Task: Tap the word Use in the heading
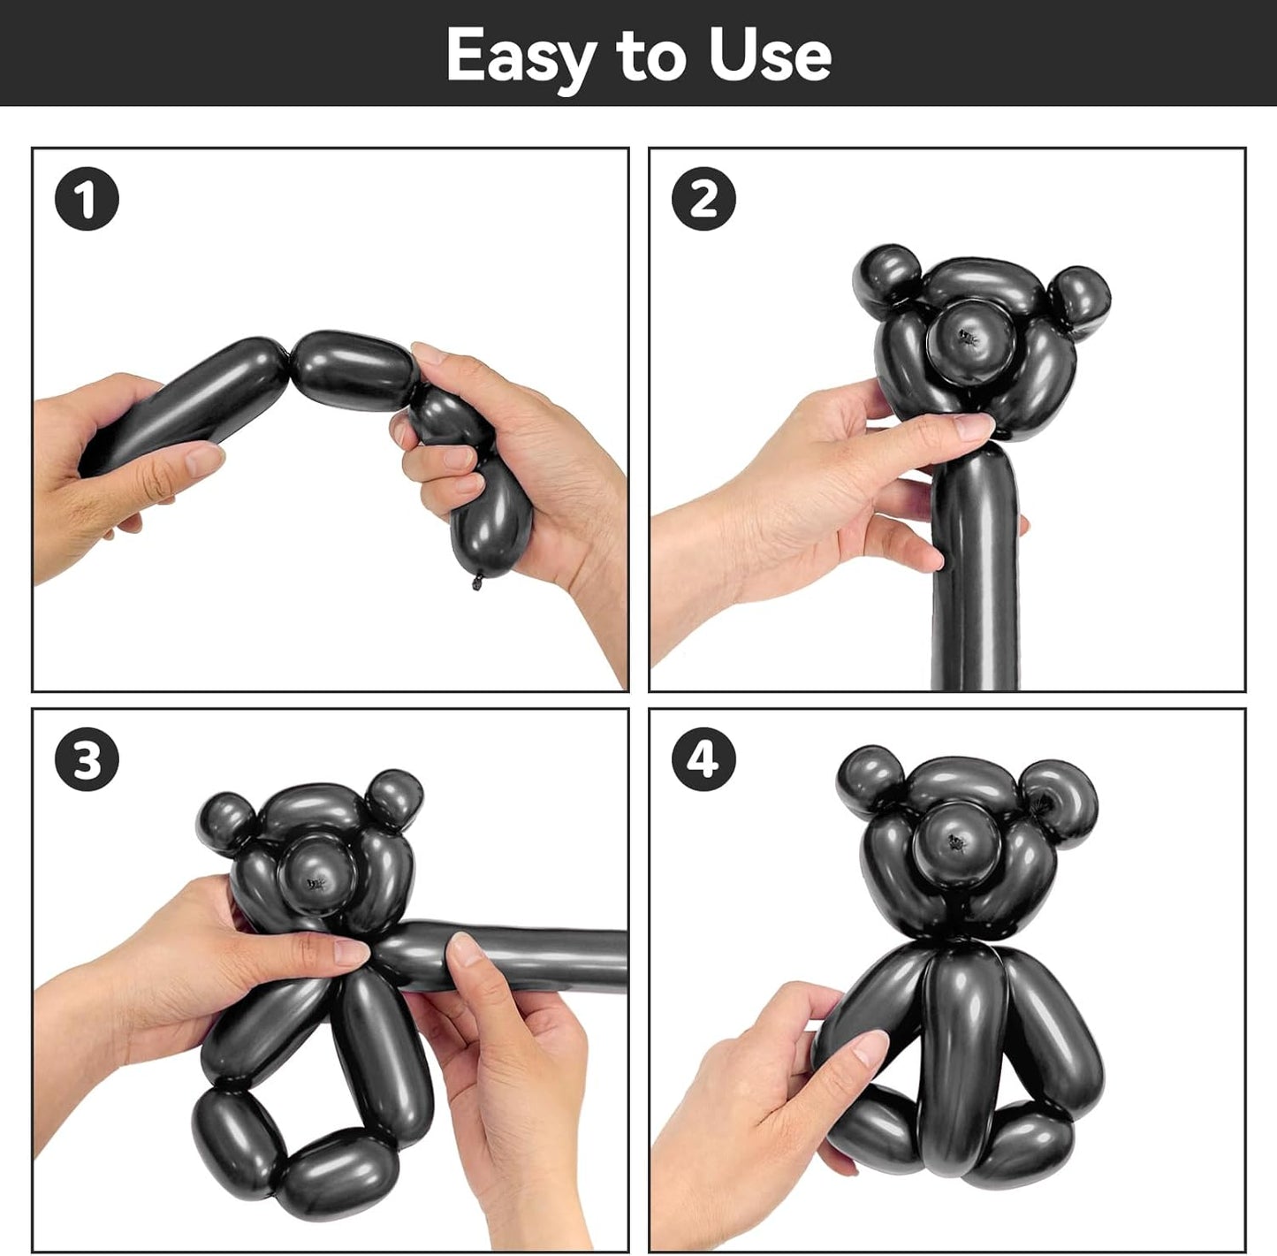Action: [x=771, y=54]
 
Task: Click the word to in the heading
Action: [x=650, y=57]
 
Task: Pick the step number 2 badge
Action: [x=703, y=198]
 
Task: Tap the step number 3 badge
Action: [x=87, y=758]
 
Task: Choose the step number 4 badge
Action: [x=703, y=758]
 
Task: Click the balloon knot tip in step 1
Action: [x=476, y=582]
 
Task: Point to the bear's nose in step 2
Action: [x=971, y=340]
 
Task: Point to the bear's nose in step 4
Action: [x=955, y=842]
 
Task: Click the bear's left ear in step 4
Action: [x=870, y=776]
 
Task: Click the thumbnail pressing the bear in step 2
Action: [x=971, y=425]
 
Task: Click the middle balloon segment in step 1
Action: [x=354, y=369]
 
